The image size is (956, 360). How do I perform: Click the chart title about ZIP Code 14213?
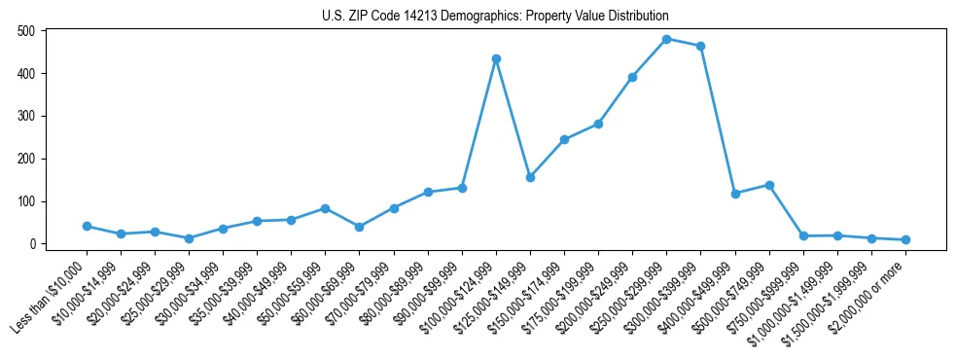pyautogui.click(x=495, y=16)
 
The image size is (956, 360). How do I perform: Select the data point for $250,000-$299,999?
pyautogui.click(x=666, y=39)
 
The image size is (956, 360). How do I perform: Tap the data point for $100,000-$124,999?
pyautogui.click(x=496, y=58)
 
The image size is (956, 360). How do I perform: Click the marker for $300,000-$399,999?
pyautogui.click(x=700, y=46)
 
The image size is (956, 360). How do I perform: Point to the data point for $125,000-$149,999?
pyautogui.click(x=530, y=177)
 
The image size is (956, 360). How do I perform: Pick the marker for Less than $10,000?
pyautogui.click(x=87, y=226)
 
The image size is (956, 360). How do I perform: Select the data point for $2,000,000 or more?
pyautogui.click(x=905, y=239)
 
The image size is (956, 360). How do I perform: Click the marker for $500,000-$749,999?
pyautogui.click(x=769, y=185)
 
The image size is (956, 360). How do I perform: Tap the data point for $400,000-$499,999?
pyautogui.click(x=735, y=194)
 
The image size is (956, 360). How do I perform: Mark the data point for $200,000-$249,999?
pyautogui.click(x=632, y=77)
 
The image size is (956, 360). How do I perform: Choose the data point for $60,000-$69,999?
pyautogui.click(x=359, y=227)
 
